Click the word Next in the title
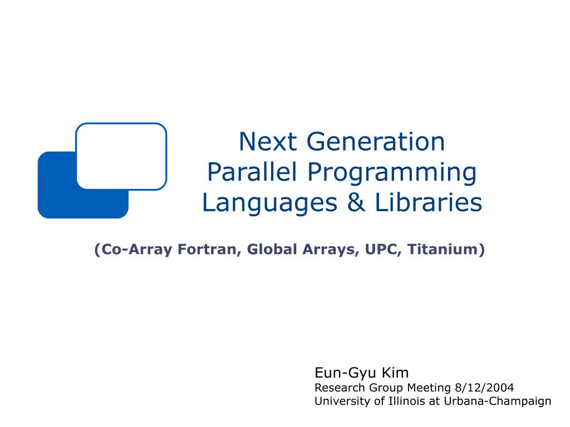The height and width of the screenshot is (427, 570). click(x=267, y=141)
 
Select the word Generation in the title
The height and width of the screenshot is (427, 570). click(x=376, y=141)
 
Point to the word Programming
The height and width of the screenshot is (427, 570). click(x=392, y=173)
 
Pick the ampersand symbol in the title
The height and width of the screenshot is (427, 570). click(x=356, y=202)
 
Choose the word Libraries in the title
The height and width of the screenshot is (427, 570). click(x=428, y=202)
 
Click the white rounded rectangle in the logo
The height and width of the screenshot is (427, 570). click(x=121, y=156)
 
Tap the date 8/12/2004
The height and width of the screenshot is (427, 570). click(x=484, y=388)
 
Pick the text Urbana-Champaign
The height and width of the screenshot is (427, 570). click(x=498, y=401)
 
